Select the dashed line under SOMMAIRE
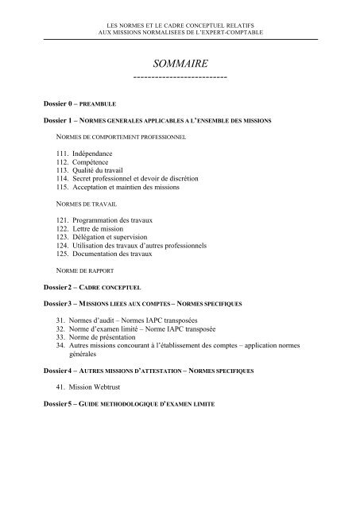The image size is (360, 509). click(x=180, y=76)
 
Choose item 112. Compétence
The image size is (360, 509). click(x=78, y=161)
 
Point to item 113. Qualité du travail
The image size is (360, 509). click(x=88, y=169)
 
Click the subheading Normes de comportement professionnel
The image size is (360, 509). click(x=116, y=136)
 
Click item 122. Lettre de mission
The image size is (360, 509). click(x=90, y=228)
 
